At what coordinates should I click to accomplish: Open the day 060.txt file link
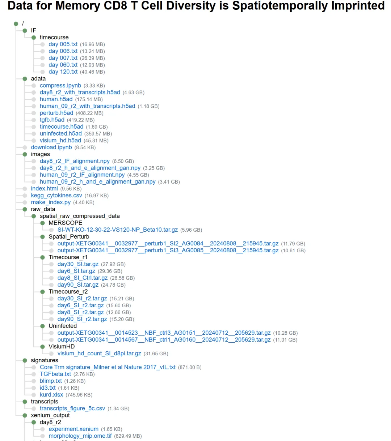(63, 65)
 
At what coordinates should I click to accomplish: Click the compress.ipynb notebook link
(60, 86)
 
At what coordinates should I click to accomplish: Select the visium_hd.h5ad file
(60, 141)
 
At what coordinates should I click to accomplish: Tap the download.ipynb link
(51, 147)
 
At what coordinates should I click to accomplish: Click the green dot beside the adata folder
(25, 79)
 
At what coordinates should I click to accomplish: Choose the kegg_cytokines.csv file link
(56, 196)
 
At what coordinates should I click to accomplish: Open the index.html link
(44, 189)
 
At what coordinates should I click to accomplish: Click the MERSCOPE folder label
(66, 223)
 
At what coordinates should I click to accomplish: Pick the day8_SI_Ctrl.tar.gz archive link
(83, 278)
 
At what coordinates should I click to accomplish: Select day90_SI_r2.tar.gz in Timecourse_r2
(82, 319)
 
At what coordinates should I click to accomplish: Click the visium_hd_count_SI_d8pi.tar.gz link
(99, 354)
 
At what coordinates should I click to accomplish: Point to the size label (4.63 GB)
(134, 93)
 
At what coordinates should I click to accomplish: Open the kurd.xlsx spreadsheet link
(51, 395)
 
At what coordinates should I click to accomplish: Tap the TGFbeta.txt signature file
(55, 374)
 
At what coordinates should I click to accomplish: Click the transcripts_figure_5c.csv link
(72, 408)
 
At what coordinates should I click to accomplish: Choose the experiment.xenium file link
(73, 429)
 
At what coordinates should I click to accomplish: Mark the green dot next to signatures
(25, 360)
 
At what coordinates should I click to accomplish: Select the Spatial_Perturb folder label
(69, 237)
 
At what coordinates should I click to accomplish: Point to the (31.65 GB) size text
(156, 354)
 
